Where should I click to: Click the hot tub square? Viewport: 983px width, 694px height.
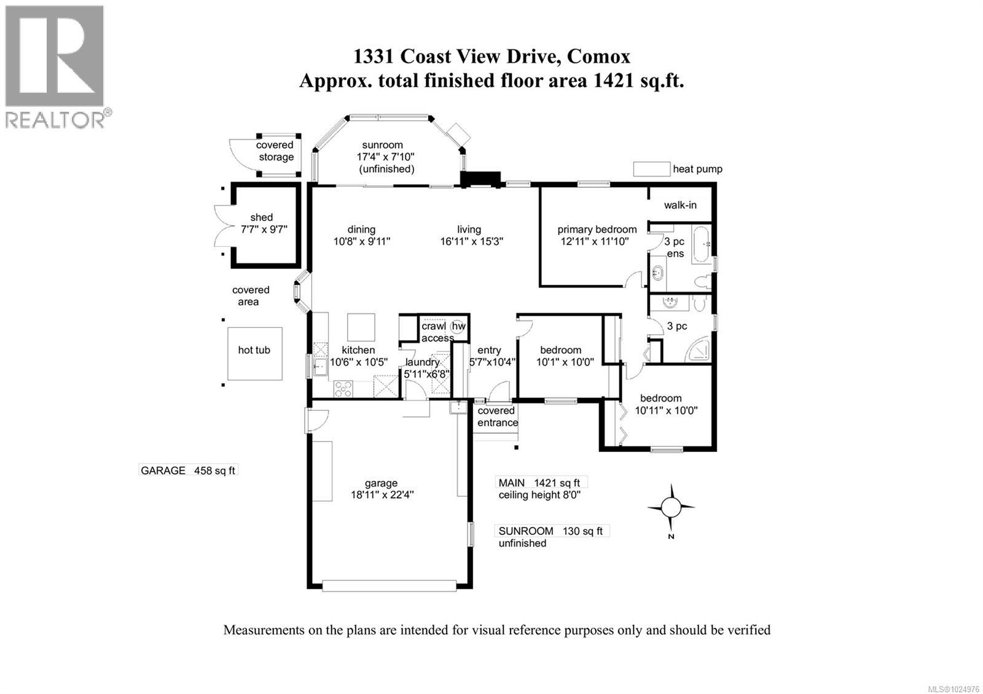pos(254,353)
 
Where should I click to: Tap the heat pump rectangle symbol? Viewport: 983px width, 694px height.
pos(651,169)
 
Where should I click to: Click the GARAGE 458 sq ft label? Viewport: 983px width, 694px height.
pos(188,470)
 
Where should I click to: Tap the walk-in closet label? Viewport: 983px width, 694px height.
pos(680,205)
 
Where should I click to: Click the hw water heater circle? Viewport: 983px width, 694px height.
pos(458,326)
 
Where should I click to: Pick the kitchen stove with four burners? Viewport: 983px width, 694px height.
pos(343,388)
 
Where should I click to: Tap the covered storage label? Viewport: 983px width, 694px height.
pos(275,151)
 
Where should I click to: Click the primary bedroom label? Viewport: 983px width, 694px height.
pos(597,229)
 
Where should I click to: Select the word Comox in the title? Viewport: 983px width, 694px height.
pos(598,57)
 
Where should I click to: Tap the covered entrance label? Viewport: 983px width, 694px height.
pos(497,416)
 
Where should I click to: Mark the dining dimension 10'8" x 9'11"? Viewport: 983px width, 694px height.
pos(362,241)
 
